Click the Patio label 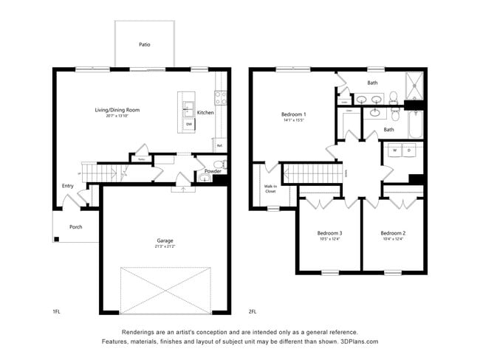click(145, 45)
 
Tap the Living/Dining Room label click(117, 110)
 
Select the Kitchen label click(205, 113)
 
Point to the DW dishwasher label click(189, 124)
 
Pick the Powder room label click(213, 171)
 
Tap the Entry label click(68, 186)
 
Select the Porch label click(76, 227)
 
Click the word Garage click(165, 240)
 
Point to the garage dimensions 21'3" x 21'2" click(165, 247)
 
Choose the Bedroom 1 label click(294, 114)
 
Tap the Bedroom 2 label click(393, 232)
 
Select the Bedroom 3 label click(329, 232)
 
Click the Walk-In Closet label click(271, 189)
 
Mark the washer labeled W click(394, 150)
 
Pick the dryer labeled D click(408, 150)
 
